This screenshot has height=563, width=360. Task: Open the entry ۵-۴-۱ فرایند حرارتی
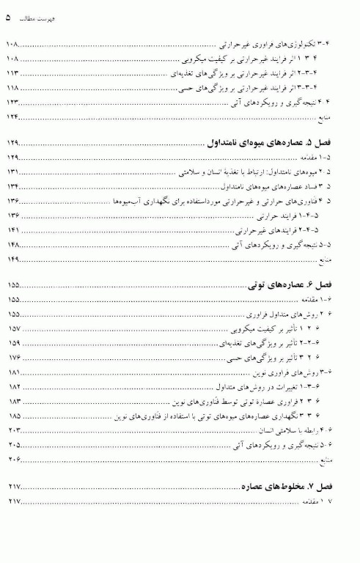298,216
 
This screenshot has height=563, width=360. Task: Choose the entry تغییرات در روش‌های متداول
283,386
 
